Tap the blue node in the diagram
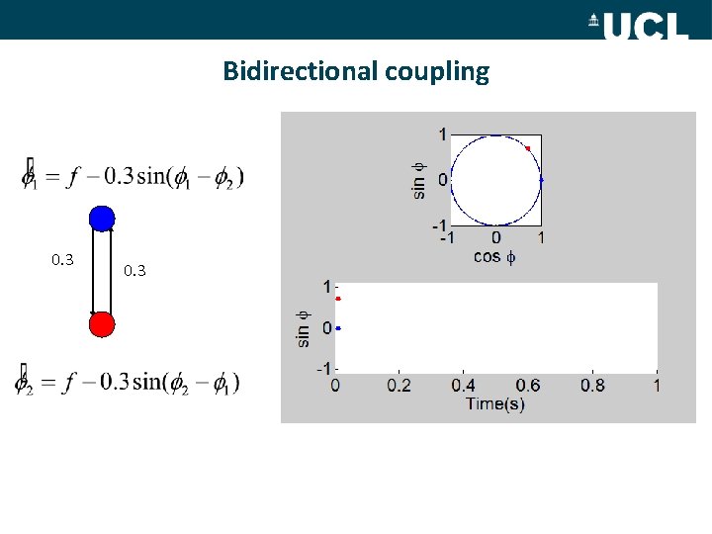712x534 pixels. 102,219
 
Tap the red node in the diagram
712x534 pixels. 102,324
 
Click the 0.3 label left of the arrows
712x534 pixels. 62,260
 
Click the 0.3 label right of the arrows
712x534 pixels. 134,269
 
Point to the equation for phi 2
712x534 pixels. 129,381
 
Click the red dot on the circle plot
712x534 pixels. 528,148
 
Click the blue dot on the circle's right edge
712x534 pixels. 542,180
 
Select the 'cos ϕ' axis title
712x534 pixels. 494,256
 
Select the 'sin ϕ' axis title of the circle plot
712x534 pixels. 419,180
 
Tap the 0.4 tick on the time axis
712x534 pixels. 463,386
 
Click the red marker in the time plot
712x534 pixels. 338,299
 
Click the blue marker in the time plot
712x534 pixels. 338,327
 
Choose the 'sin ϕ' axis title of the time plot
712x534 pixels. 304,327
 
